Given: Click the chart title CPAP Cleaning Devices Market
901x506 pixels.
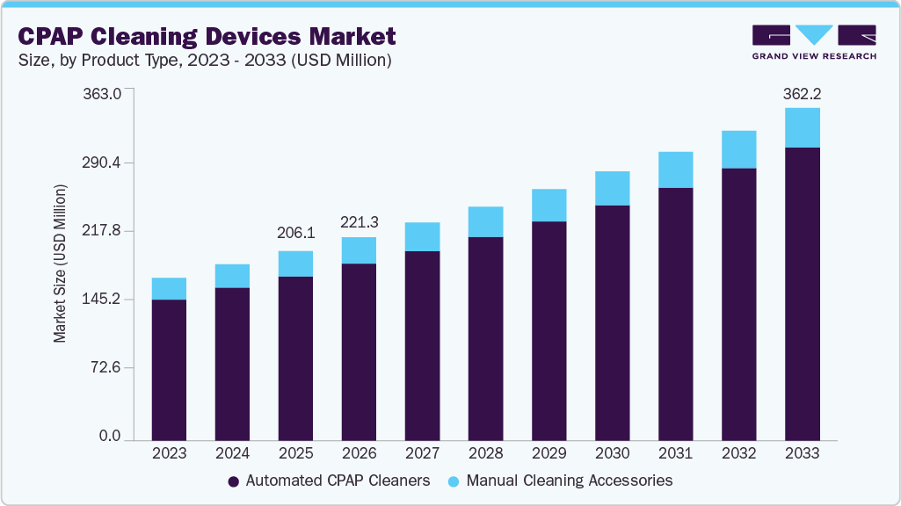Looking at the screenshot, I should click(207, 36).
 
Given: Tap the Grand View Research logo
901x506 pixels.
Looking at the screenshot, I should click(814, 41).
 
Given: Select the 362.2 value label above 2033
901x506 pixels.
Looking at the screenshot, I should click(802, 93).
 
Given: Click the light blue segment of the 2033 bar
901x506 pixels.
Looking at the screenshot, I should click(802, 127).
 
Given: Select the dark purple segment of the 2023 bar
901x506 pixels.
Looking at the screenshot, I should click(169, 369).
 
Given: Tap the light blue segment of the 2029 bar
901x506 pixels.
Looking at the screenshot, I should click(549, 205).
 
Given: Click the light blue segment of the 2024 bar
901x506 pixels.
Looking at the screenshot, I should click(232, 276).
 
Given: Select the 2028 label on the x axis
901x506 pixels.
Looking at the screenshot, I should click(485, 454).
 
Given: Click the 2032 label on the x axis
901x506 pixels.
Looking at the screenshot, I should click(738, 454).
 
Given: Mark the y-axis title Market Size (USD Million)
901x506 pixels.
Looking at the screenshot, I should click(60, 264).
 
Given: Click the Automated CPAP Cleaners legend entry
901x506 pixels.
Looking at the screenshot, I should click(329, 481).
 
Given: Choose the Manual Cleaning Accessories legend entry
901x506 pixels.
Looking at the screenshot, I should click(560, 481).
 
